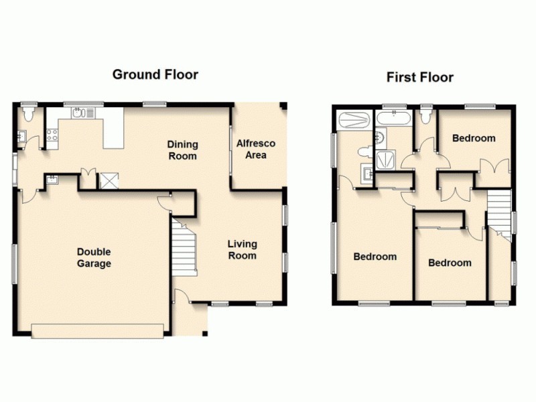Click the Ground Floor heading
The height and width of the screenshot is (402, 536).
pyautogui.click(x=155, y=74)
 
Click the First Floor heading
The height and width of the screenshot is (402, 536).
pyautogui.click(x=419, y=78)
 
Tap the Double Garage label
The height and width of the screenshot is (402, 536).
pyautogui.click(x=93, y=258)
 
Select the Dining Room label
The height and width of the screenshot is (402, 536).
pyautogui.click(x=182, y=150)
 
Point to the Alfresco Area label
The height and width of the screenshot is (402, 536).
pyautogui.click(x=256, y=149)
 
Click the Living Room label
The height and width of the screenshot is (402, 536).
pyautogui.click(x=242, y=250)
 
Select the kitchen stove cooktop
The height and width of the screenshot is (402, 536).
pyautogui.click(x=52, y=137)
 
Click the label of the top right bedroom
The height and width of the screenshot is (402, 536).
pyautogui.click(x=474, y=139)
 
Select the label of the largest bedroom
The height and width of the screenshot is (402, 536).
pyautogui.click(x=375, y=257)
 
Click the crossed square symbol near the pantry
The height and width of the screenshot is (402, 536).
pyautogui.click(x=108, y=180)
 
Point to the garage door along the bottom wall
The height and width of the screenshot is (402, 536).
pyautogui.click(x=98, y=330)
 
